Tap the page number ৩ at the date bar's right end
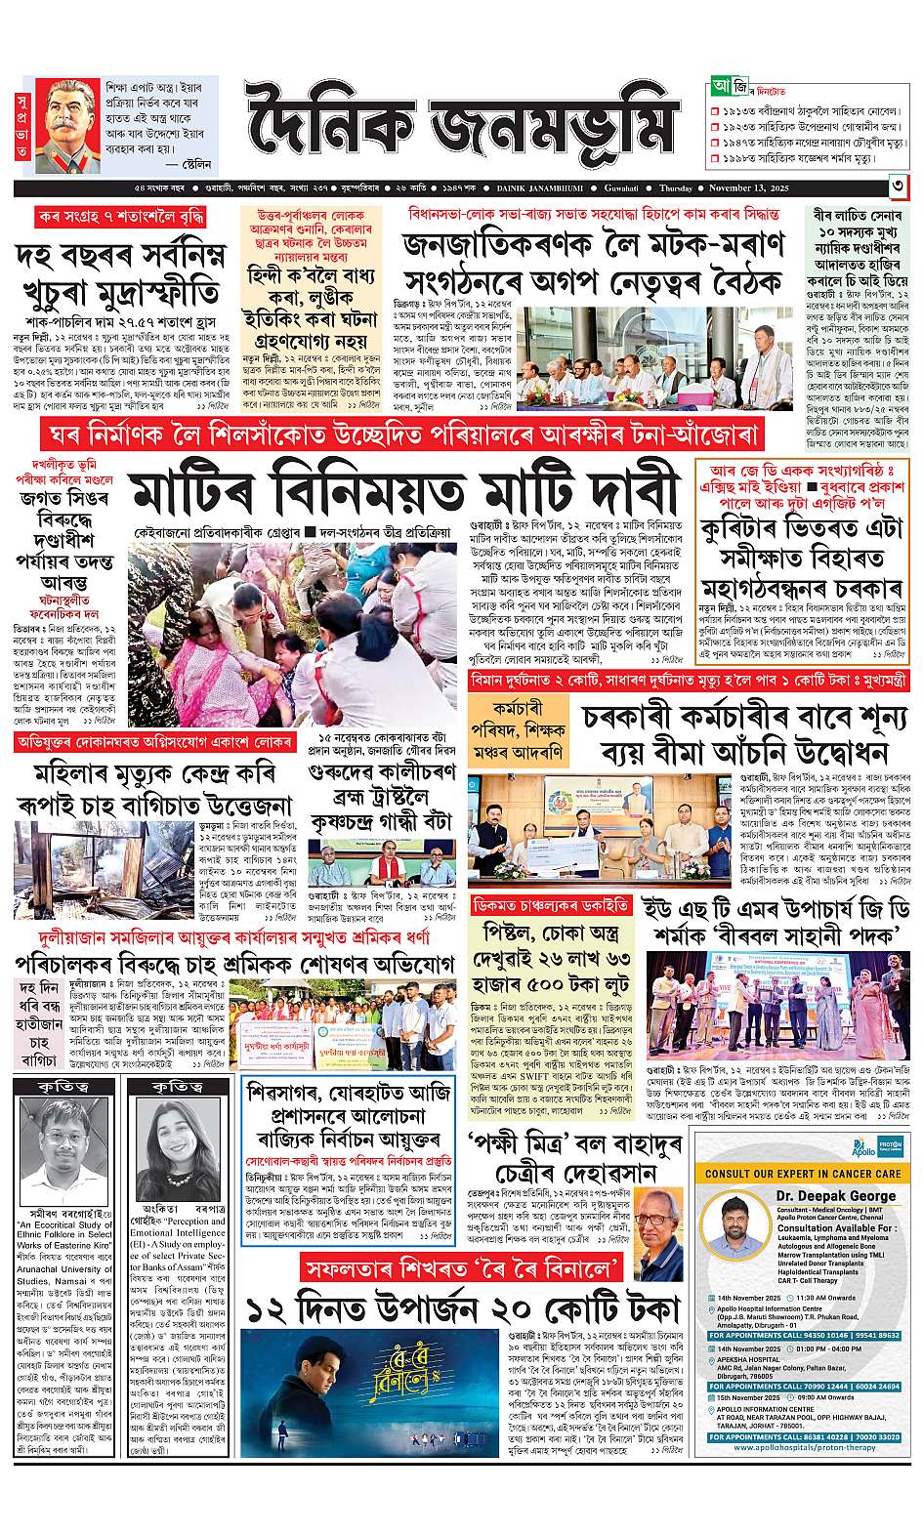point(898,187)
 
